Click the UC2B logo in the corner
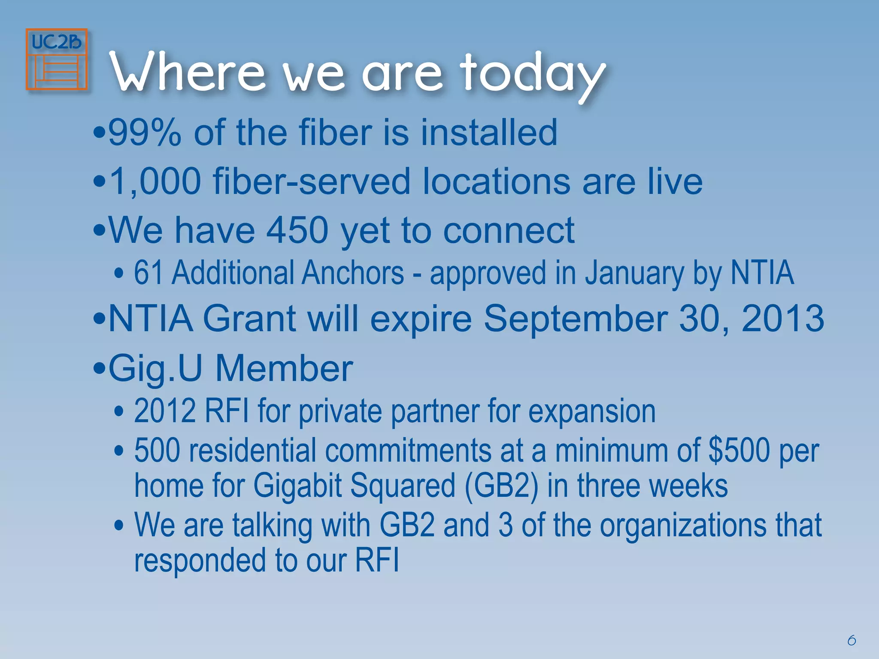click(57, 59)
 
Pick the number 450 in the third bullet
click(297, 230)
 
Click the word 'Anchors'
click(352, 273)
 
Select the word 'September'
click(576, 318)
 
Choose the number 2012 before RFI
click(165, 411)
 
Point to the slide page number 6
click(852, 641)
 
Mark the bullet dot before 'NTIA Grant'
click(99, 319)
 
